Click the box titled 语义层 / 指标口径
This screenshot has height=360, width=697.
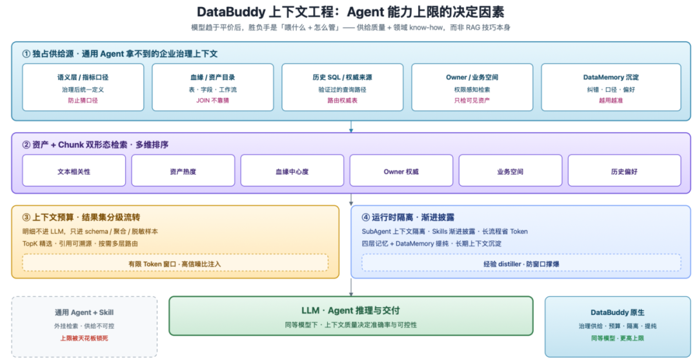coord(83,87)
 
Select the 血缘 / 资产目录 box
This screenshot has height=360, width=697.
coord(213,87)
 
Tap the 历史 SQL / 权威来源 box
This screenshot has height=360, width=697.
coord(342,87)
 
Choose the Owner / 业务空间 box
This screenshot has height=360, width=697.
coord(472,87)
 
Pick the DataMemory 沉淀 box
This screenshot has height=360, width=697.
coord(611,87)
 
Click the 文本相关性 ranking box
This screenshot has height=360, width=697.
coord(74,170)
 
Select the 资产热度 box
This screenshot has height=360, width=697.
coord(183,170)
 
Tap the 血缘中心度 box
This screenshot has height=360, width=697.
coord(292,170)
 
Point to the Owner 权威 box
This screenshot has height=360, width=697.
coord(401,170)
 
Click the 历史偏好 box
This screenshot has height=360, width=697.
coord(624,170)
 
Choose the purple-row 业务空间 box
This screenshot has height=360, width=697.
coord(510,170)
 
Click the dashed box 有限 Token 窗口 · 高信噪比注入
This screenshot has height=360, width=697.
coord(175,263)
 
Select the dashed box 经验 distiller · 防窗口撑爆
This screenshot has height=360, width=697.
coord(521,263)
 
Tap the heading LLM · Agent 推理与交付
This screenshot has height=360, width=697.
coord(350,310)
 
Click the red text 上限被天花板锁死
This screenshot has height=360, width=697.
coord(85,338)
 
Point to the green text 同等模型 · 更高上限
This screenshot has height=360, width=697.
coord(618,338)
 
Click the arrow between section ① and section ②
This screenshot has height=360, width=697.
coord(350,126)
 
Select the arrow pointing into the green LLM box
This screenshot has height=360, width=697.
coord(350,287)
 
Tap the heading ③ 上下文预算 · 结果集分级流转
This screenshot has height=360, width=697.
coord(81,217)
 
